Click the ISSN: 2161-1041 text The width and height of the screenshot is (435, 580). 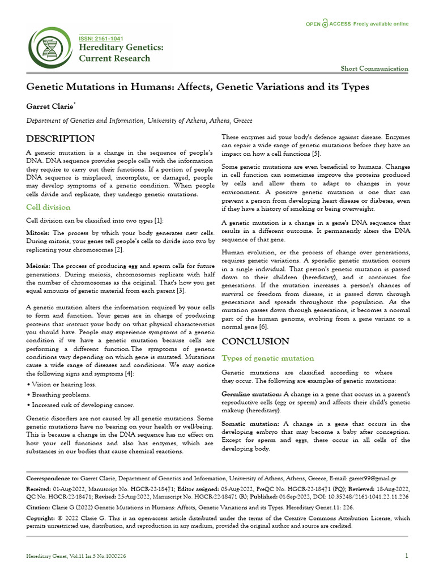[100, 38]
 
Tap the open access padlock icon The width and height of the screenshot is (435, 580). [325, 24]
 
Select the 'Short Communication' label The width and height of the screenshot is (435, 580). [374, 69]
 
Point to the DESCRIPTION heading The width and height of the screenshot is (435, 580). [61, 139]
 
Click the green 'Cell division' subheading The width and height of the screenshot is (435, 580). [48, 207]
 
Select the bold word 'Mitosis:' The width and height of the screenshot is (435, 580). [39, 233]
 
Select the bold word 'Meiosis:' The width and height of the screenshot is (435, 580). [39, 266]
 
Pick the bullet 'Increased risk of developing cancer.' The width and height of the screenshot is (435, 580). [80, 405]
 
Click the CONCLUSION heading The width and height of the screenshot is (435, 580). [255, 342]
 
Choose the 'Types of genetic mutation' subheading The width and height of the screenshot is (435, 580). [267, 359]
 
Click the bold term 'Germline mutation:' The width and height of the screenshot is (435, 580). [251, 394]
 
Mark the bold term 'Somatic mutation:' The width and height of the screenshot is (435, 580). [250, 424]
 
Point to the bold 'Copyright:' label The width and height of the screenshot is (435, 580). [41, 518]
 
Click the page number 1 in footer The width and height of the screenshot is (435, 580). [406, 556]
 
